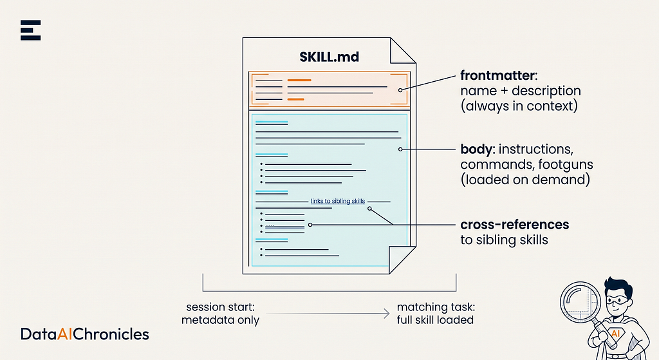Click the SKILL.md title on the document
329,57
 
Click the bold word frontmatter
497,75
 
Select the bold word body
476,149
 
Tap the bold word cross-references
514,225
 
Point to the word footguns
566,164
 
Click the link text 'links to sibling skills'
338,201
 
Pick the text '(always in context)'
519,106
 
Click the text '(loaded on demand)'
525,180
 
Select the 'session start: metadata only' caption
220,314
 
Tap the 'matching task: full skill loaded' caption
436,314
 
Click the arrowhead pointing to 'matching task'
387,314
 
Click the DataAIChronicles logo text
85,334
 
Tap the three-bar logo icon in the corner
31,30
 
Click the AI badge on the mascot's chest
615,334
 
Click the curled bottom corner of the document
402,260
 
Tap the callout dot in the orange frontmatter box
400,90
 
